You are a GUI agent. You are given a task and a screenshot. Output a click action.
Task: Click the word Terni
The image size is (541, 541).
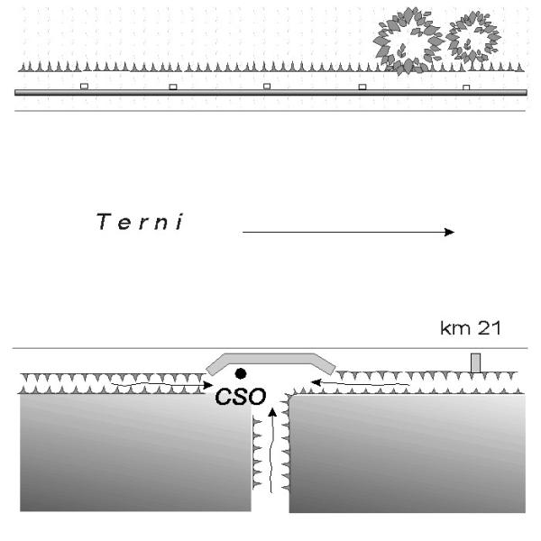click(x=140, y=222)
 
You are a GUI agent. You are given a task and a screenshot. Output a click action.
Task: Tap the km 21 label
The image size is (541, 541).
click(x=471, y=328)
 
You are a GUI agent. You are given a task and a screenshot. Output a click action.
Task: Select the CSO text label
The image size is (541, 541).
click(x=241, y=397)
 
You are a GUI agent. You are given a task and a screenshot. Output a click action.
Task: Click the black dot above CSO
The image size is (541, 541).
click(x=241, y=373)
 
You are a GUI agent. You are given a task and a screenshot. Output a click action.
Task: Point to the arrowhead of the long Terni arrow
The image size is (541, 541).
click(x=450, y=233)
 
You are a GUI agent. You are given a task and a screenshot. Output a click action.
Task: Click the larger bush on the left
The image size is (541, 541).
click(x=408, y=41)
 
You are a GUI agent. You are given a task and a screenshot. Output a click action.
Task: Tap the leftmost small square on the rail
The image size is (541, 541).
click(x=84, y=87)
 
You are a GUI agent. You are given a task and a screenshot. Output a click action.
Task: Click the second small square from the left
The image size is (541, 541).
click(x=173, y=87)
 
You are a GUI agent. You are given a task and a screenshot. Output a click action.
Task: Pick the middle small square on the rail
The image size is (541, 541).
click(x=267, y=87)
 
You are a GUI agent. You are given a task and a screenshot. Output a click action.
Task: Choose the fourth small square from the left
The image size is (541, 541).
click(x=362, y=87)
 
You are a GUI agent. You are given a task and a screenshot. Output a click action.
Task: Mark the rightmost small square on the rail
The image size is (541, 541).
click(x=466, y=87)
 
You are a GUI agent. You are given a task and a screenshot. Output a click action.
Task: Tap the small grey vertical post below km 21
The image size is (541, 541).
click(x=476, y=363)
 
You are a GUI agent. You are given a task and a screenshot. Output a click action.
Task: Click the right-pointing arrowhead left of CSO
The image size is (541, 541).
click(x=208, y=385)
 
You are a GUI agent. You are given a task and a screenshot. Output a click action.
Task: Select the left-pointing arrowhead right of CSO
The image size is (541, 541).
click(x=316, y=382)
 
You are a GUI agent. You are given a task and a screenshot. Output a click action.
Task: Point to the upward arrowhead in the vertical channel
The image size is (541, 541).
click(x=272, y=412)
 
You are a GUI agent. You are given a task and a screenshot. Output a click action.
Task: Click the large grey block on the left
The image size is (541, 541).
click(x=135, y=453)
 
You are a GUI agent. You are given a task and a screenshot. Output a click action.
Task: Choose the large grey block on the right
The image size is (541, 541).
click(x=408, y=454)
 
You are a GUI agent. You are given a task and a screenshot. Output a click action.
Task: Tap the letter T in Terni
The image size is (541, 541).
click(x=103, y=222)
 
